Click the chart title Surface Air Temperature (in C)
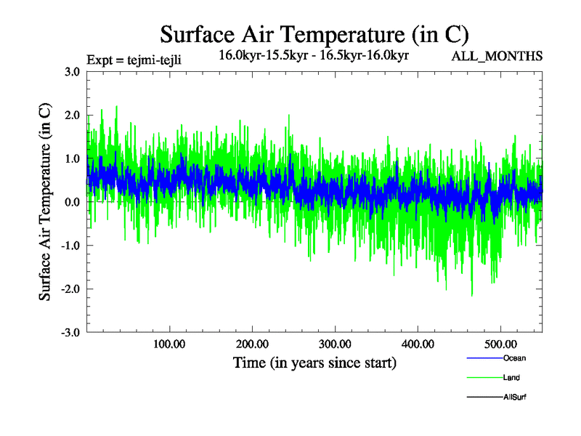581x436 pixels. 314,34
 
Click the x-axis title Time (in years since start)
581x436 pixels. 314,363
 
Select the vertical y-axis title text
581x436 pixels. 45,203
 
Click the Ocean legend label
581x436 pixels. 514,358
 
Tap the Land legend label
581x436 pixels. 511,378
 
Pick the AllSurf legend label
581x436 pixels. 515,397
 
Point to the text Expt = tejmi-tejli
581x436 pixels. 134,59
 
